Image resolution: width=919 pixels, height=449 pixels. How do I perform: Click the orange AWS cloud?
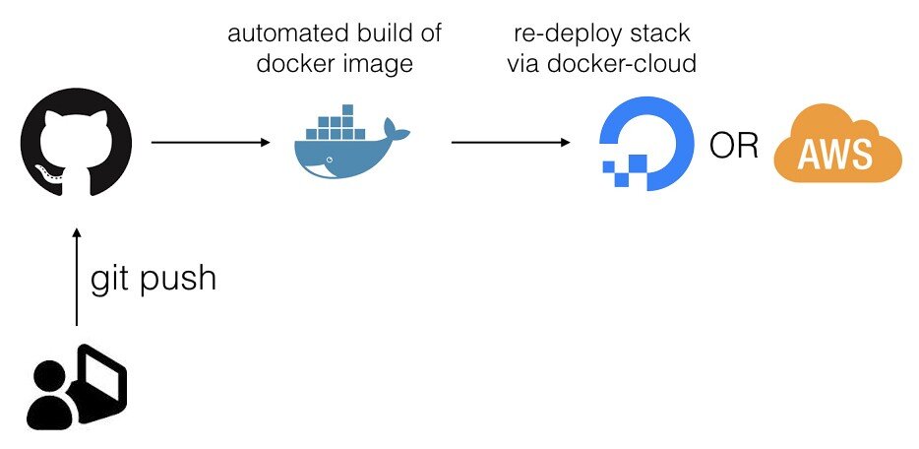click(x=837, y=152)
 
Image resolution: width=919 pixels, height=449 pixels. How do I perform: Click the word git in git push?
click(x=111, y=281)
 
